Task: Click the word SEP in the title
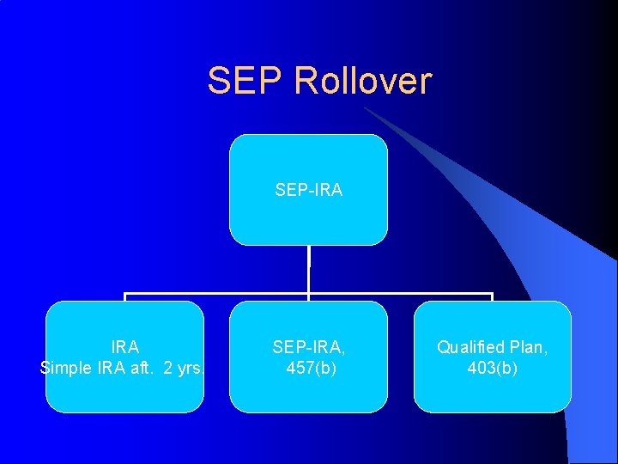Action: [245, 81]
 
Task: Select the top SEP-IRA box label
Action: [308, 190]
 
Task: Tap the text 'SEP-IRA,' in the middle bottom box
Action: [308, 347]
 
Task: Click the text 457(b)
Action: [308, 369]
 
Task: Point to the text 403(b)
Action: [492, 369]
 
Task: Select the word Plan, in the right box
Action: [528, 347]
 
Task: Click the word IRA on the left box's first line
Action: [124, 347]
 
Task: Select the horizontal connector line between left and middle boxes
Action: [215, 295]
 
